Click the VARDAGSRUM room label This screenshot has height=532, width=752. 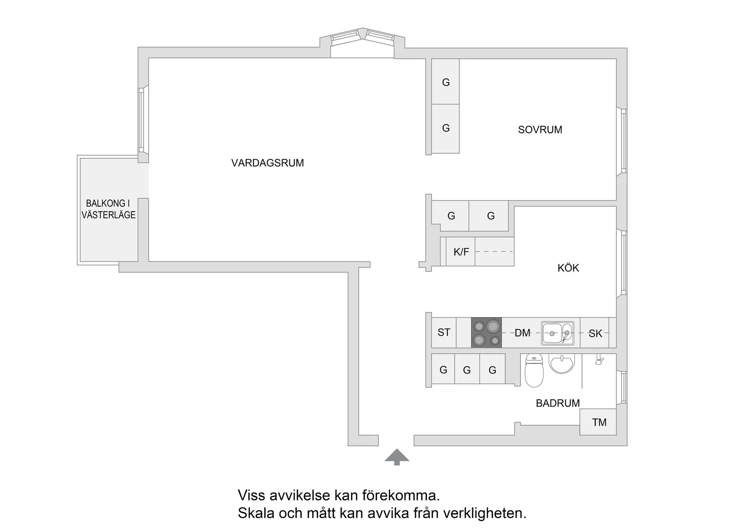point(267,163)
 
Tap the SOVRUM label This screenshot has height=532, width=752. point(540,130)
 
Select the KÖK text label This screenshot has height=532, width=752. point(568,268)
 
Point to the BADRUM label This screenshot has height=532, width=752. point(557,403)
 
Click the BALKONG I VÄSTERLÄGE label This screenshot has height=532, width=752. point(108,209)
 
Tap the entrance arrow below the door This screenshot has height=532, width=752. point(397,456)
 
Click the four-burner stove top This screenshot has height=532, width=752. point(486,333)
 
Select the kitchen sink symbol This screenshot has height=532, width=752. point(557,333)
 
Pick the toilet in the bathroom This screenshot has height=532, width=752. point(534,370)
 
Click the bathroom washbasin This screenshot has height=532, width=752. point(562,364)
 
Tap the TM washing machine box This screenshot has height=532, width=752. point(598,422)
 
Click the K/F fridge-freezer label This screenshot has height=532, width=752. point(461,251)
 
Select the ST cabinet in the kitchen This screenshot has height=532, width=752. point(443,333)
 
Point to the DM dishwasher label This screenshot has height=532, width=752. point(522,333)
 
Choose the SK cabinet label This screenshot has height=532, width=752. point(595,334)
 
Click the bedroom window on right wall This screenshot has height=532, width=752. point(623,141)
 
